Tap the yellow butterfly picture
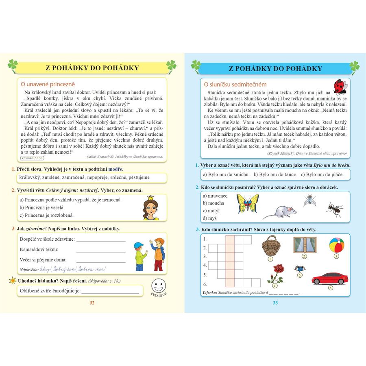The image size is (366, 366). pyautogui.click(x=248, y=203)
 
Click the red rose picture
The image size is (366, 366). pyautogui.click(x=278, y=272)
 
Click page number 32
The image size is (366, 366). pyautogui.click(x=92, y=303)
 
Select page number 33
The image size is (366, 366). pyautogui.click(x=274, y=303)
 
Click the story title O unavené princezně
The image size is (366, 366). pyautogui.click(x=48, y=84)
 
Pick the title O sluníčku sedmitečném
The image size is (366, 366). pyautogui.click(x=235, y=84)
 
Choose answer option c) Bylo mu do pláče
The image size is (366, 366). pyautogui.click(x=322, y=174)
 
